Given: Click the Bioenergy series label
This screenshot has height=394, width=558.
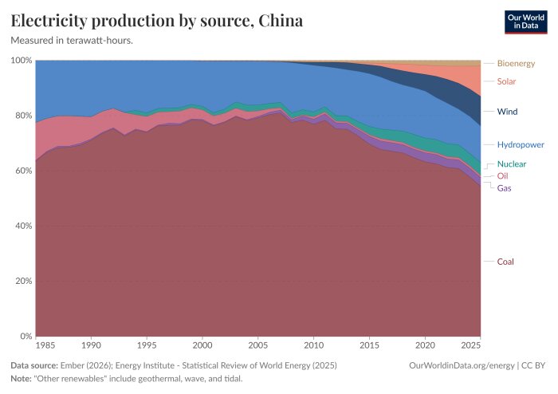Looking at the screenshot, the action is point(516,63).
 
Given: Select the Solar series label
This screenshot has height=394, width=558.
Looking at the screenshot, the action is point(506,81).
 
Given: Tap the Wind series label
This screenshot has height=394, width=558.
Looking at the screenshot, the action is point(507,112).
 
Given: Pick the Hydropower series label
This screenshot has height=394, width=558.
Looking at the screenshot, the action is point(521,144).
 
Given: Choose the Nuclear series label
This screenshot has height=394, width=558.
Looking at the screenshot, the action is point(512,164).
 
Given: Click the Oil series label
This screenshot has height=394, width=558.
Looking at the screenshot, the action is point(502,175).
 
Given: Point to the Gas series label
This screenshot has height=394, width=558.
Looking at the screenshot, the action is point(504,188).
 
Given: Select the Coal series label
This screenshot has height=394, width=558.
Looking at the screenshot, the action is point(505,262).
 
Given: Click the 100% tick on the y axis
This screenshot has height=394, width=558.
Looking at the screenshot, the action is point(22,60).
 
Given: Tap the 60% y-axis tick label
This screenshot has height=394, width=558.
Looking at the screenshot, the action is point(23,171).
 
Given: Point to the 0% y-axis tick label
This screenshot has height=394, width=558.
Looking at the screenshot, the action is point(26,336).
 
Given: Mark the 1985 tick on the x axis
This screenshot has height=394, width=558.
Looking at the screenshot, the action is point(45,345).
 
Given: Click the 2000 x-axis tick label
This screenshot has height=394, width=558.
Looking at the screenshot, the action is point(202,345).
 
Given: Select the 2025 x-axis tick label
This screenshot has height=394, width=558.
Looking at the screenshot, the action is point(471,345).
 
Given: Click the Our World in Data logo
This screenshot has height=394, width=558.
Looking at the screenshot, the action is point(526,22).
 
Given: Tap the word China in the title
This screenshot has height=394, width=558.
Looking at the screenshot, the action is point(281,21).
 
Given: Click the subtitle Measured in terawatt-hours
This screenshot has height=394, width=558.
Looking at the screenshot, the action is point(72,41).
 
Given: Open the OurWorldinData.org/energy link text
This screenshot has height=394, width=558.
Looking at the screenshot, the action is point(462,365).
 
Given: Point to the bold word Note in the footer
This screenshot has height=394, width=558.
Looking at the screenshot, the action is point(21,379).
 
